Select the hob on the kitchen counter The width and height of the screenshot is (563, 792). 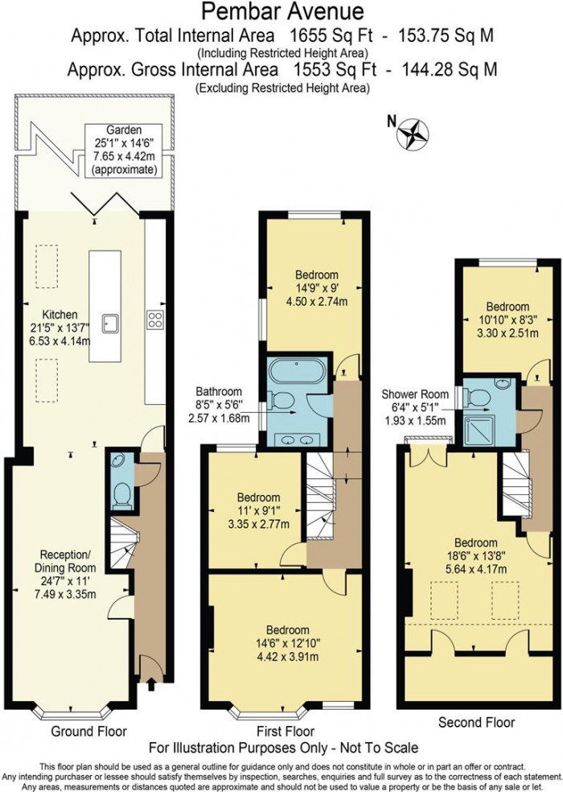pos(155,319)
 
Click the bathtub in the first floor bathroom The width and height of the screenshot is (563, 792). pos(295,372)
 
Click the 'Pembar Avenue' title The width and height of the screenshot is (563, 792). pos(281,11)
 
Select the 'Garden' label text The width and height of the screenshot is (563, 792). pos(125,130)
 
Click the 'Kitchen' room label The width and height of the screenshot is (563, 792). pos(60,315)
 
